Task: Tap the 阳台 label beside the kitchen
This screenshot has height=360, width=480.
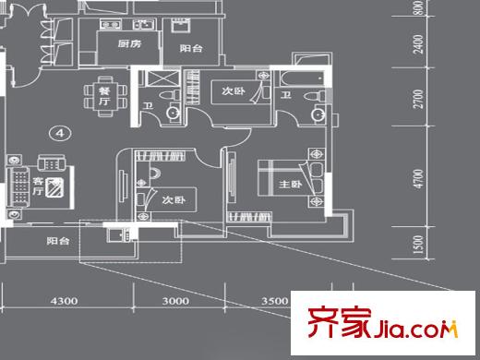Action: tap(191, 47)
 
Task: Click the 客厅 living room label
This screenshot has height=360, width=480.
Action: tap(40, 185)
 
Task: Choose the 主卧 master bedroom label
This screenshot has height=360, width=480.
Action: tap(290, 186)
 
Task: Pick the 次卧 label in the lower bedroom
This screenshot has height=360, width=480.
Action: tap(173, 199)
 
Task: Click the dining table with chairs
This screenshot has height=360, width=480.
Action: tap(100, 96)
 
